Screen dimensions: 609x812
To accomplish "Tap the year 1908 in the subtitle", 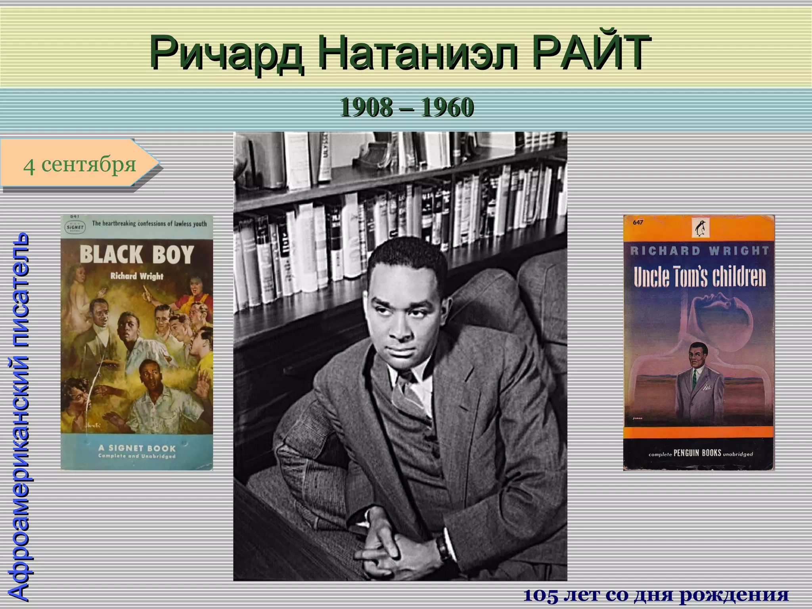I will [x=365, y=107].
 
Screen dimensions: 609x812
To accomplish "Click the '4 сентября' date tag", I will [x=79, y=164].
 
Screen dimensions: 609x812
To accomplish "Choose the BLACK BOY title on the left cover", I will [x=137, y=255].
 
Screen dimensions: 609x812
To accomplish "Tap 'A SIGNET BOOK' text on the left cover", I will [x=137, y=448].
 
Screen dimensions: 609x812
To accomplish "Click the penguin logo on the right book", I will [x=701, y=229].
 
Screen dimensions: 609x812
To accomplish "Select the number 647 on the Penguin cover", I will [x=638, y=222].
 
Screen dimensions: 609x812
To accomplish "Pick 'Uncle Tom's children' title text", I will [x=699, y=277].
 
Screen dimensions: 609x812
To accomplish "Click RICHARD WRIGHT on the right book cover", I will [x=699, y=251].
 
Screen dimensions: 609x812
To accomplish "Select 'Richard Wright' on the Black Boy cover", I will [x=137, y=276].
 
